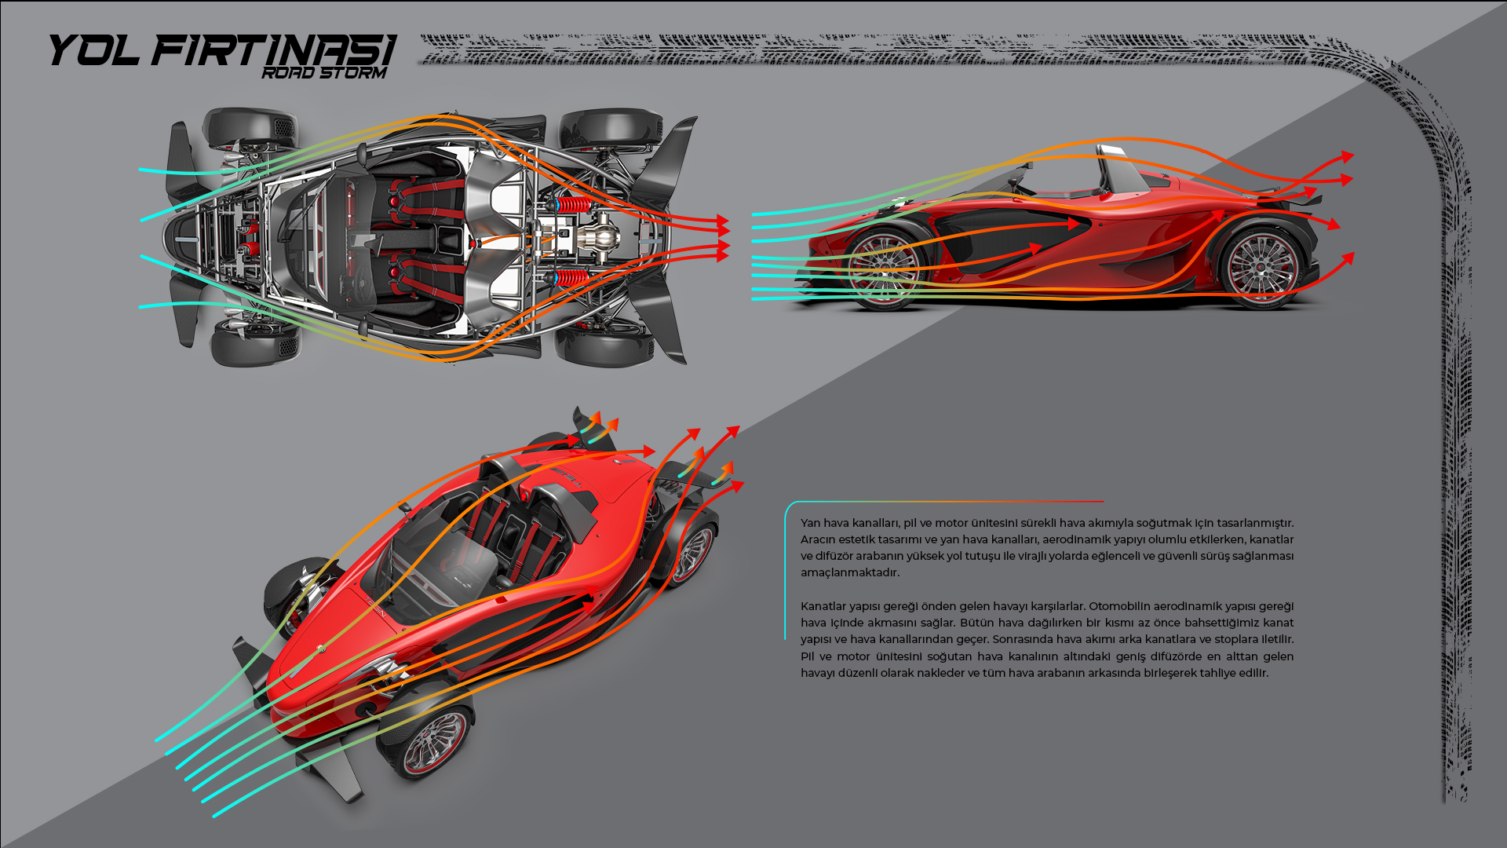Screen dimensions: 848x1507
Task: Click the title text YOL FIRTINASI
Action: tap(221, 49)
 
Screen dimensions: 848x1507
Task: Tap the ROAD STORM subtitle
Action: tap(324, 73)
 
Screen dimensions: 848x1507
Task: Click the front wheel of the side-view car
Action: tap(883, 269)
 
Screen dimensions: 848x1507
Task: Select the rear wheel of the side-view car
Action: tap(1261, 268)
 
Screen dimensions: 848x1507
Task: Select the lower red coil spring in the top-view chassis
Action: tap(572, 277)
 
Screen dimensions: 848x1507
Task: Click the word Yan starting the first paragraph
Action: tap(810, 523)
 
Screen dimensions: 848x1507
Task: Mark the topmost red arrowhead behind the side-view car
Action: tap(1347, 157)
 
